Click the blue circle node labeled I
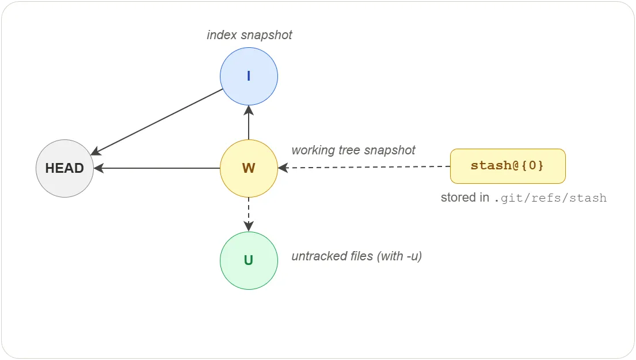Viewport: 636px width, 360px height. point(249,76)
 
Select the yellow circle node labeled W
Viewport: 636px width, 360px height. point(249,168)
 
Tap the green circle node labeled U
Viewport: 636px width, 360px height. point(249,260)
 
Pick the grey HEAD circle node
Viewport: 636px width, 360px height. point(64,168)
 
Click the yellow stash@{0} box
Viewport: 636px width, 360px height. point(507,166)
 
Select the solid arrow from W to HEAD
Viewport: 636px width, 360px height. point(157,168)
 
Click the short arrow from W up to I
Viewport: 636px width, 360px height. point(249,122)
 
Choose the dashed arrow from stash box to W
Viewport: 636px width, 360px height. point(368,167)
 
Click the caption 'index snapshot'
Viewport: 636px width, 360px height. point(249,35)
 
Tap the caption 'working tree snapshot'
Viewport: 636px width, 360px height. point(353,150)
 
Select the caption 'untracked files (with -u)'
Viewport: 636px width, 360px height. point(356,256)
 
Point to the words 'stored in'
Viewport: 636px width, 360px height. point(464,198)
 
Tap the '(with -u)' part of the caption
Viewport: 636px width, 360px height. point(399,256)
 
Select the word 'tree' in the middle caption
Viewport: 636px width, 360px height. point(346,150)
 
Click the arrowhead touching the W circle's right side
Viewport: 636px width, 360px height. point(282,168)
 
